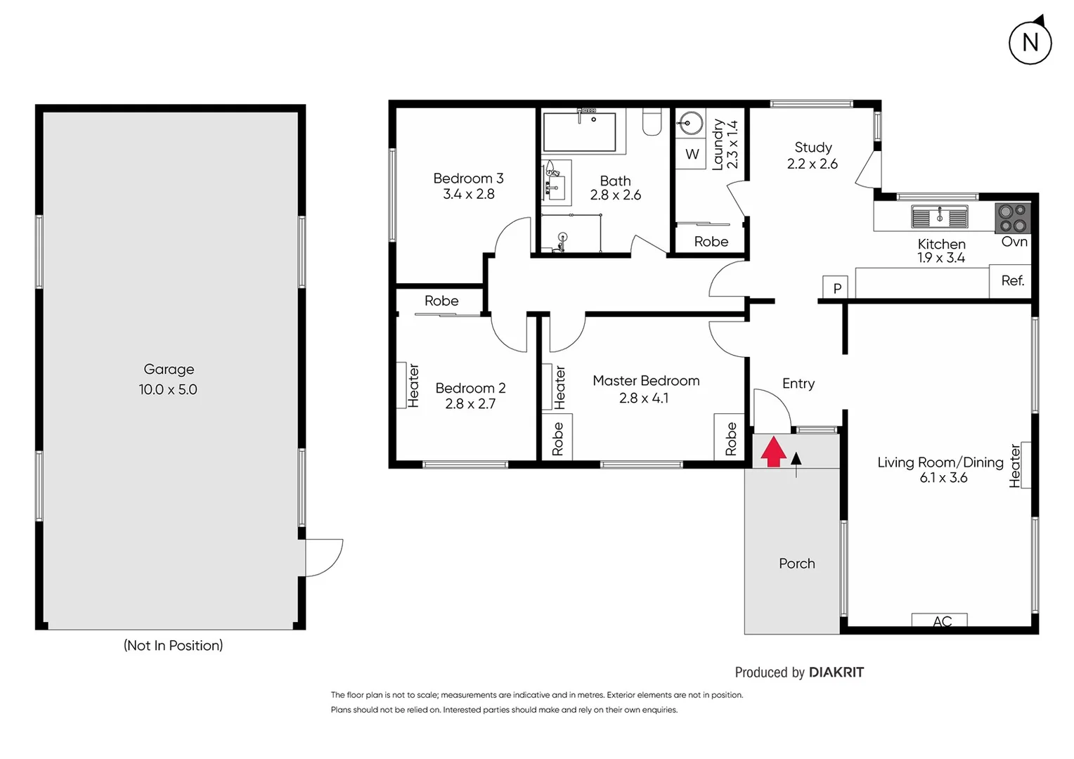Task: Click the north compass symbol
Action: coord(1030,43)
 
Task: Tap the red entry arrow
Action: coord(773,452)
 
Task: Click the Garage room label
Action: coord(169,370)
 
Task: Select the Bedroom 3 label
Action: coord(468,179)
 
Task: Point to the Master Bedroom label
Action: coord(646,381)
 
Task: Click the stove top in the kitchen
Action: coord(1012,218)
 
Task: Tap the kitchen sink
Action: coord(939,217)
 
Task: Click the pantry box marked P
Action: coord(836,287)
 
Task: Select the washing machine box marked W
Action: coord(692,155)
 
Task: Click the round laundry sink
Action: coord(690,124)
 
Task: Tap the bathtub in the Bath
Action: coord(579,131)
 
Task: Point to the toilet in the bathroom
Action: coord(652,122)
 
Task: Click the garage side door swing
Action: coord(323,557)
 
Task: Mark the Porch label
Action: coord(796,564)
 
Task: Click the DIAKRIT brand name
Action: coord(836,673)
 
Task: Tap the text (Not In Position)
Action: coord(173,645)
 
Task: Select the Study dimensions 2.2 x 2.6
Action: coord(812,164)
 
